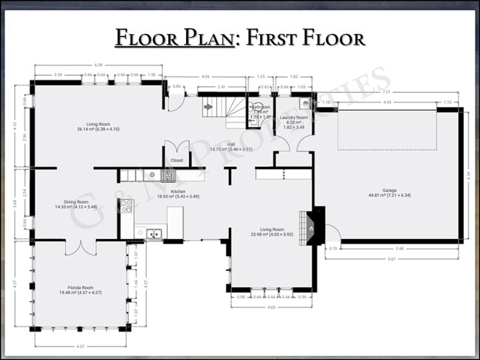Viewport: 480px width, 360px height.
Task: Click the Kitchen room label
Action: tap(178, 193)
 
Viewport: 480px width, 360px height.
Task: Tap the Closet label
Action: tap(177, 160)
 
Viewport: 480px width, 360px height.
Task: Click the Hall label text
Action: tap(231, 145)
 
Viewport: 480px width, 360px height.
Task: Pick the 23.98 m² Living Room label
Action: tap(272, 231)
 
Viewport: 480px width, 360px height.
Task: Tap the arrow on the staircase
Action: tap(208, 107)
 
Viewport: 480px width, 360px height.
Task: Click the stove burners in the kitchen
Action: tap(126, 206)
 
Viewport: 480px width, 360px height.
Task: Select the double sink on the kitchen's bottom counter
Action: tap(154, 235)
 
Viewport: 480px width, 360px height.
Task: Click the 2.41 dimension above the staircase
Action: tap(221, 87)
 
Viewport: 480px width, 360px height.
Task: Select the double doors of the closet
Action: tap(177, 149)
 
